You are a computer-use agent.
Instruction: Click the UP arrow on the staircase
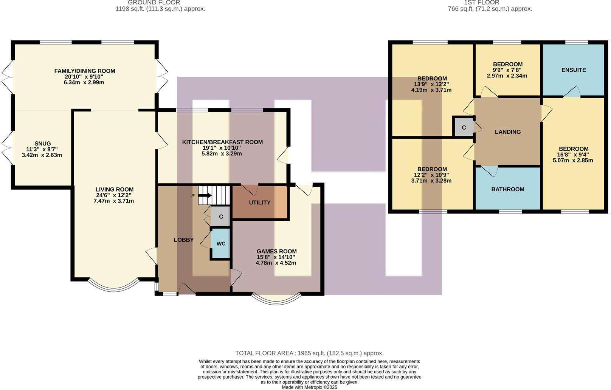(x=205, y=195)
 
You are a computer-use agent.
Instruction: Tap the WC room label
(x=221, y=243)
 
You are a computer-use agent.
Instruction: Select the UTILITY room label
(x=260, y=202)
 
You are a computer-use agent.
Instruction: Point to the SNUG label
(x=43, y=144)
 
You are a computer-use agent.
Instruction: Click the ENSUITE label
(x=574, y=70)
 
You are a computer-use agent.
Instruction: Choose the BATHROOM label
(x=508, y=189)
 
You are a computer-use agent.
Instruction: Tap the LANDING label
(x=508, y=132)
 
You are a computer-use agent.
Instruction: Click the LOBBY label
(x=184, y=240)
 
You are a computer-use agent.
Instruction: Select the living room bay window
(x=114, y=288)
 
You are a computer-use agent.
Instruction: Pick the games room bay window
(x=276, y=301)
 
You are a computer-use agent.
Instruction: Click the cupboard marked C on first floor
(x=464, y=127)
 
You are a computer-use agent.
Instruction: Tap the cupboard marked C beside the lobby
(x=221, y=217)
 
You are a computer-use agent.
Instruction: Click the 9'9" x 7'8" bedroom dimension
(x=507, y=70)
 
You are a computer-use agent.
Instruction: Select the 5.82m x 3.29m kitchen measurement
(x=222, y=153)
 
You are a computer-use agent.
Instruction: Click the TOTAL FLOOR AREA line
(x=309, y=353)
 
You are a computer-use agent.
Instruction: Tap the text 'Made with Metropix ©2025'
(x=309, y=387)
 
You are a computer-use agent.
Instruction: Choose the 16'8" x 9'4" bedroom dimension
(x=573, y=155)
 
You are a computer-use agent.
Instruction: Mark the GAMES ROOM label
(x=277, y=251)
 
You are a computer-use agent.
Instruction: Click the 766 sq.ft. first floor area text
(x=490, y=9)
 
